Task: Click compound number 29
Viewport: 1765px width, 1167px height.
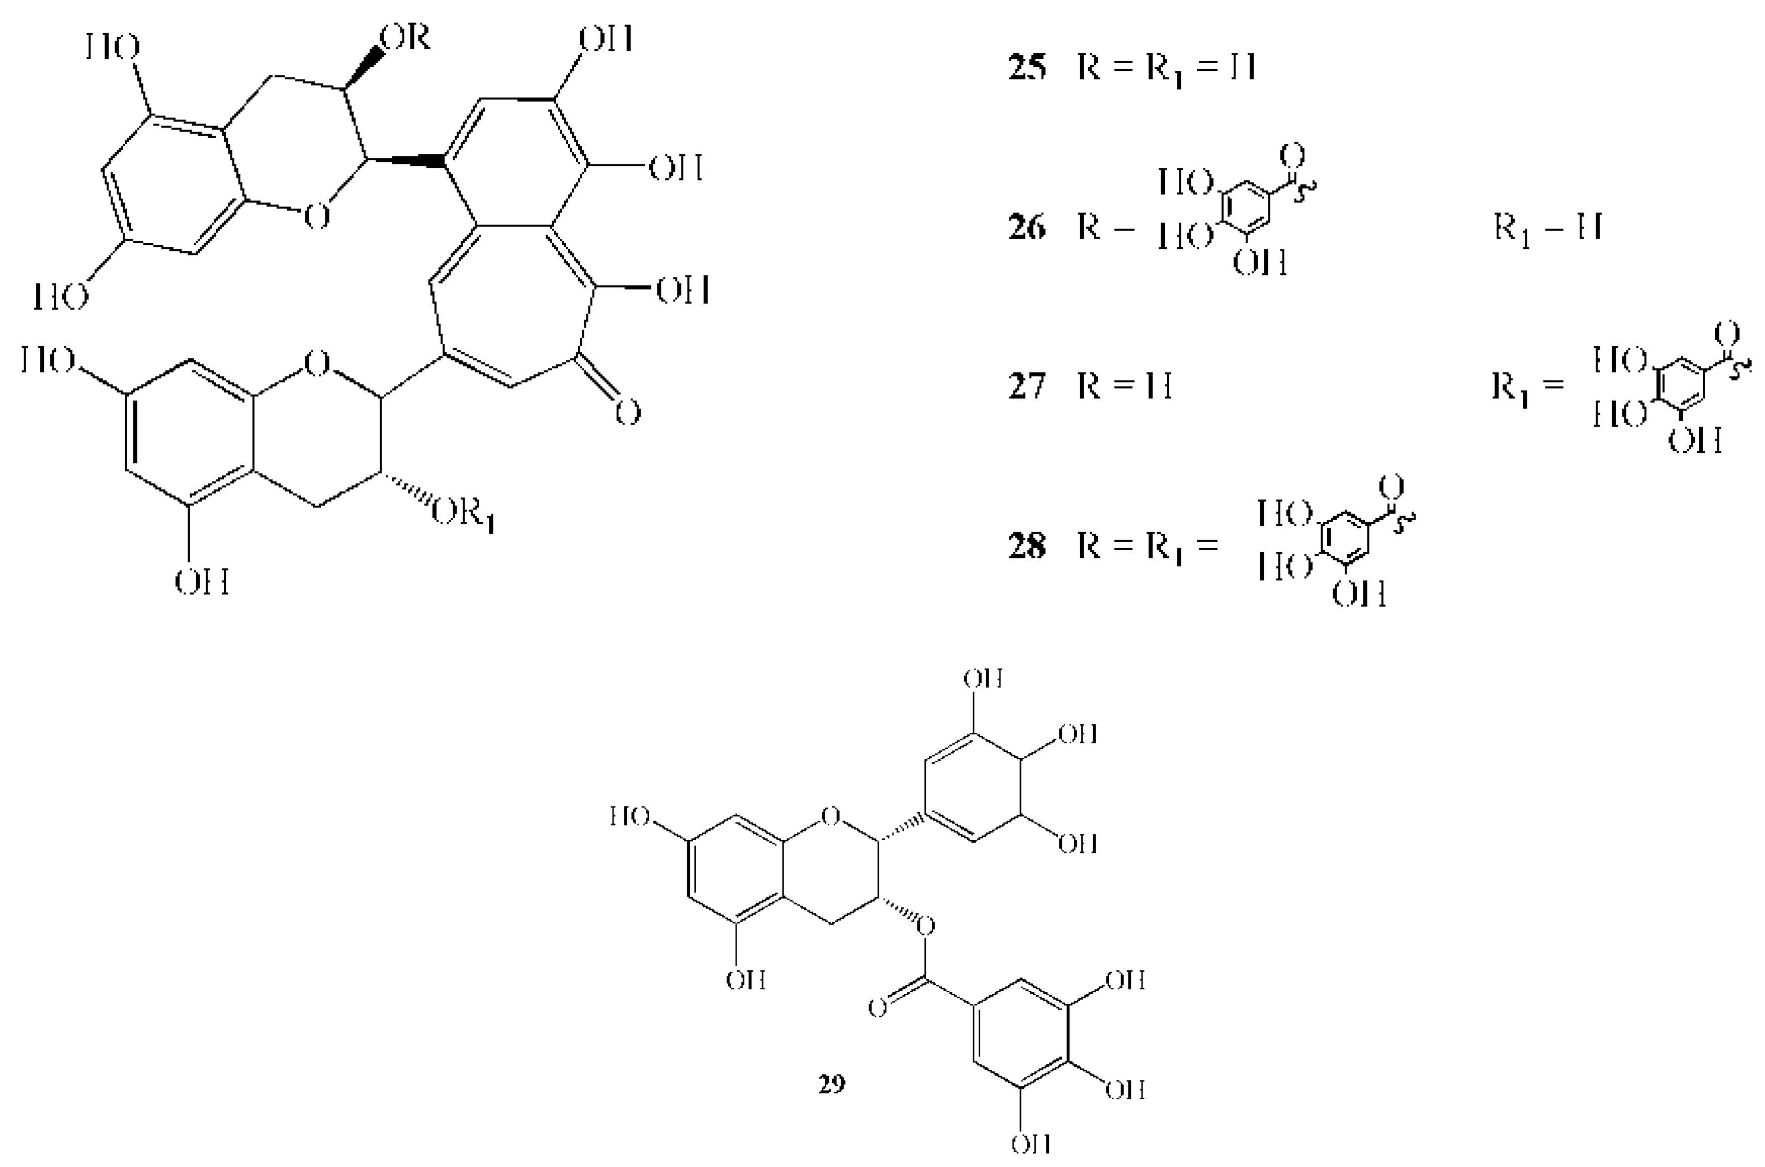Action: click(x=832, y=1084)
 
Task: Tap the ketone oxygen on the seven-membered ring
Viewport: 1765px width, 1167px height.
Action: click(x=628, y=412)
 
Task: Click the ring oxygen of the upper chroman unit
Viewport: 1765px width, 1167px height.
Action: click(x=317, y=217)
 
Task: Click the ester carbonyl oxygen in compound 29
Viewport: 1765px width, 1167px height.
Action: click(x=879, y=1009)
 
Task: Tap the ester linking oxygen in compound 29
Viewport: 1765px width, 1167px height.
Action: click(x=925, y=927)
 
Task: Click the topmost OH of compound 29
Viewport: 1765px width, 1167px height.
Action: click(x=983, y=679)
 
